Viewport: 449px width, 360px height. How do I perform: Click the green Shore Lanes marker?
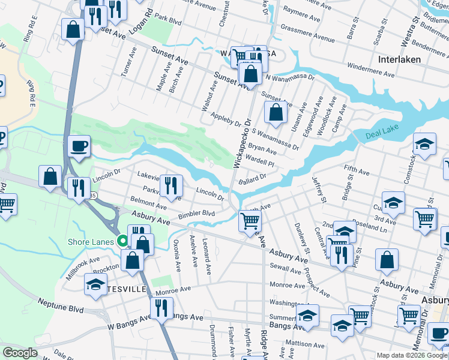coord(123,241)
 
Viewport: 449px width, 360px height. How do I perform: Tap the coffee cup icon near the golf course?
coord(79,146)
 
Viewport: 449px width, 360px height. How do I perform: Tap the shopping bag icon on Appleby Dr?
coord(275,112)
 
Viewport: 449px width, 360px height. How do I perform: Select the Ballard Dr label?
coord(252,178)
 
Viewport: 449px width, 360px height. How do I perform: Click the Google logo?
coord(20,353)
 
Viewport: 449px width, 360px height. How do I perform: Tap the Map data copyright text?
coord(412,355)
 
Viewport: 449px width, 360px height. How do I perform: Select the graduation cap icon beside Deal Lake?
coord(424,144)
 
